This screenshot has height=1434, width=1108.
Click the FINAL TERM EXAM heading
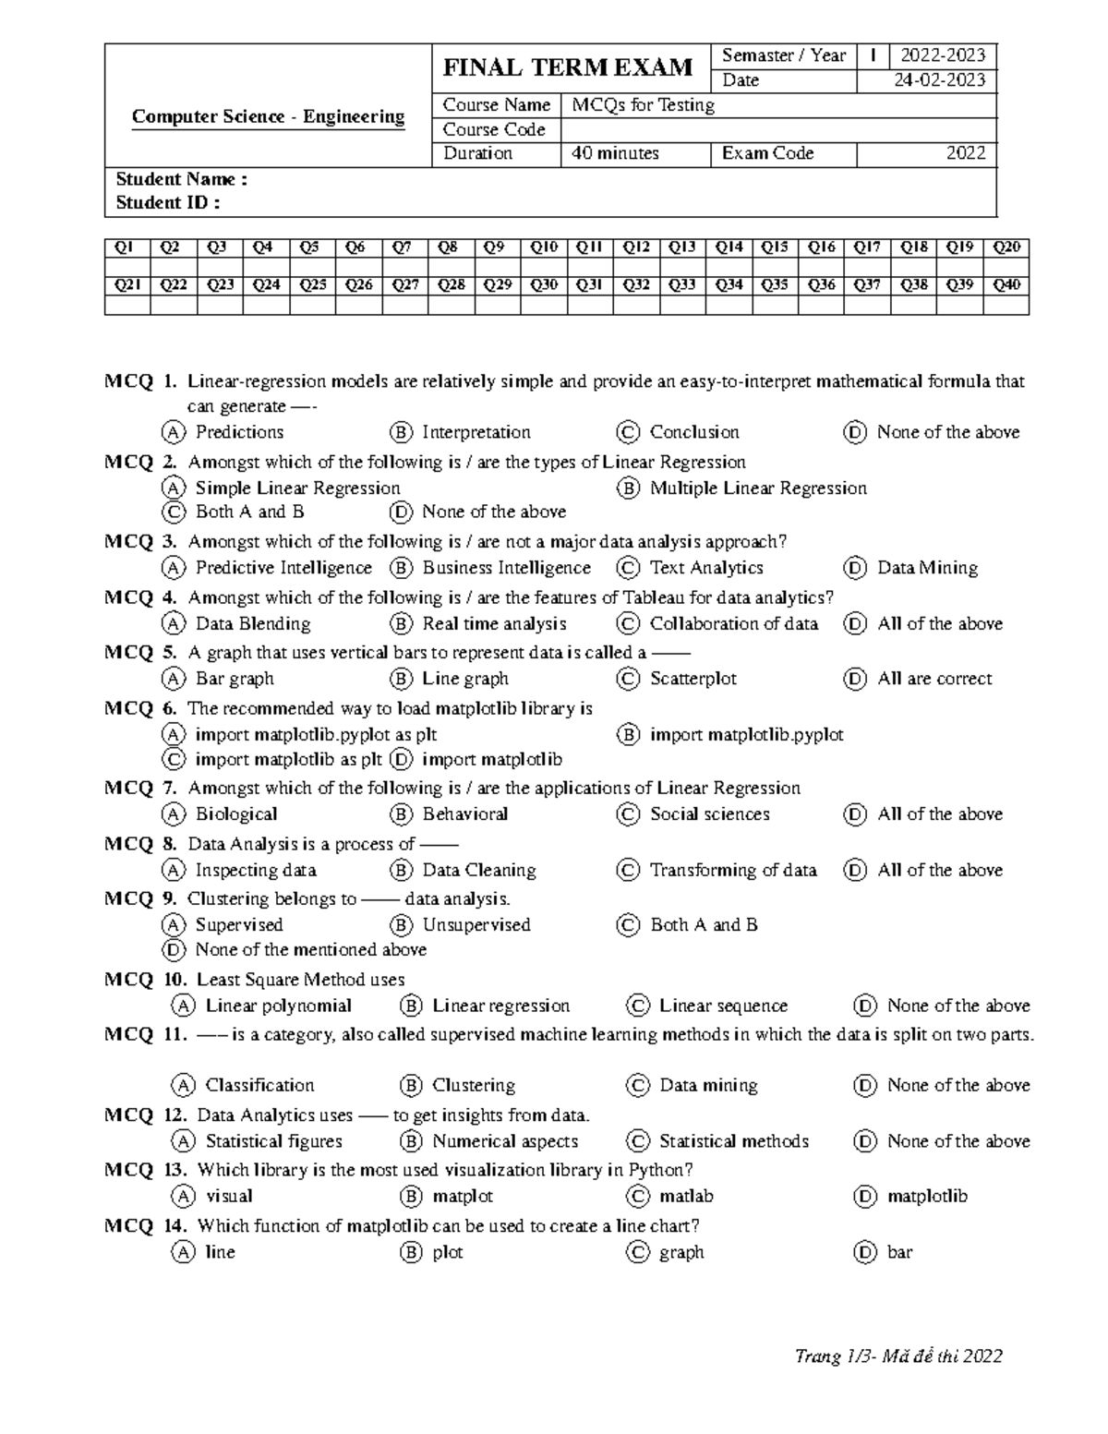(568, 67)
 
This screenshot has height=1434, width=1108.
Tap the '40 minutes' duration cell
(615, 153)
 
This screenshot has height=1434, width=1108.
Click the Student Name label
(181, 179)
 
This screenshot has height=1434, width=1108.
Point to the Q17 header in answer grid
(867, 247)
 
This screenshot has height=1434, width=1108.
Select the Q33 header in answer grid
(682, 284)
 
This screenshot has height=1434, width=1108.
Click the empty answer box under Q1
(126, 266)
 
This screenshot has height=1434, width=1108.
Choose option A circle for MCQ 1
(172, 432)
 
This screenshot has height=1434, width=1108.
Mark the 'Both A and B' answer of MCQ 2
(249, 512)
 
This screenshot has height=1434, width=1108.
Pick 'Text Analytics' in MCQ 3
(706, 568)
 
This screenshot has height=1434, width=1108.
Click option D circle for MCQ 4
(855, 624)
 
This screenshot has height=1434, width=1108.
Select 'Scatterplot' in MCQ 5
(692, 679)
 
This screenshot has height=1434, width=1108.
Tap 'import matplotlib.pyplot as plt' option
(316, 735)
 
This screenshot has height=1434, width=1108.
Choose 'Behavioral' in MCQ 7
(464, 814)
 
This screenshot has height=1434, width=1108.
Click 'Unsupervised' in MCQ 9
(476, 925)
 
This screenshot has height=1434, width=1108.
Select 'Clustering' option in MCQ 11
(474, 1086)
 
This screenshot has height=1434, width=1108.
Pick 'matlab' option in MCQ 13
(686, 1197)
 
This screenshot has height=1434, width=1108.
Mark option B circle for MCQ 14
(410, 1253)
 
